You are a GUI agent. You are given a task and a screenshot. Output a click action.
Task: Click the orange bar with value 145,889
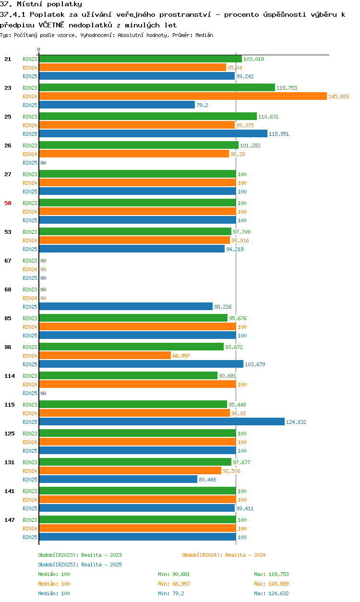click(183, 96)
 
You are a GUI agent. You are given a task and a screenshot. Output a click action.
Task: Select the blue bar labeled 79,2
click(117, 105)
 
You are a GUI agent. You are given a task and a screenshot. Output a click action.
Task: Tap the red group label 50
click(8, 203)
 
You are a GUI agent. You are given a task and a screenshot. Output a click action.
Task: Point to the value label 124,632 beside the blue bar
click(296, 422)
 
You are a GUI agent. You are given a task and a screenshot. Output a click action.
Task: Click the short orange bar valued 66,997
click(105, 356)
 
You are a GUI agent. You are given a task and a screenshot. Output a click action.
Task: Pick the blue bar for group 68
click(126, 306)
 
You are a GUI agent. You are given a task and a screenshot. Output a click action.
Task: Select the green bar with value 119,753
click(157, 88)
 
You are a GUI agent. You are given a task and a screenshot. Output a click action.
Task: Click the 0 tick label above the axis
click(39, 49)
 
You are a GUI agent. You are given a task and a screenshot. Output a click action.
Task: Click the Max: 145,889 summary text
click(271, 584)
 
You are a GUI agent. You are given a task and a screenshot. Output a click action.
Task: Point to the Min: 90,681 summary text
click(174, 574)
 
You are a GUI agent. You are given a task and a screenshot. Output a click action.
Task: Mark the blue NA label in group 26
click(43, 163)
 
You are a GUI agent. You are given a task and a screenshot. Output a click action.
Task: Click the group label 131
click(10, 462)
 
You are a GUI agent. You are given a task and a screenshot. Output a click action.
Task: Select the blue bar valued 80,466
click(118, 479)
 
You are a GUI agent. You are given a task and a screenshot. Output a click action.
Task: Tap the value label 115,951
click(279, 134)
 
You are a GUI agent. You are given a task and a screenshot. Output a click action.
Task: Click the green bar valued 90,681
click(128, 375)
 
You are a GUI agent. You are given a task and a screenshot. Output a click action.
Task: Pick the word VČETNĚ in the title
click(51, 25)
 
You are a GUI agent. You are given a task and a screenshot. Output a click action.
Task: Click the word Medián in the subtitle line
click(204, 35)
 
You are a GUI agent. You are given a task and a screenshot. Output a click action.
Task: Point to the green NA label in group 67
click(43, 261)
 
